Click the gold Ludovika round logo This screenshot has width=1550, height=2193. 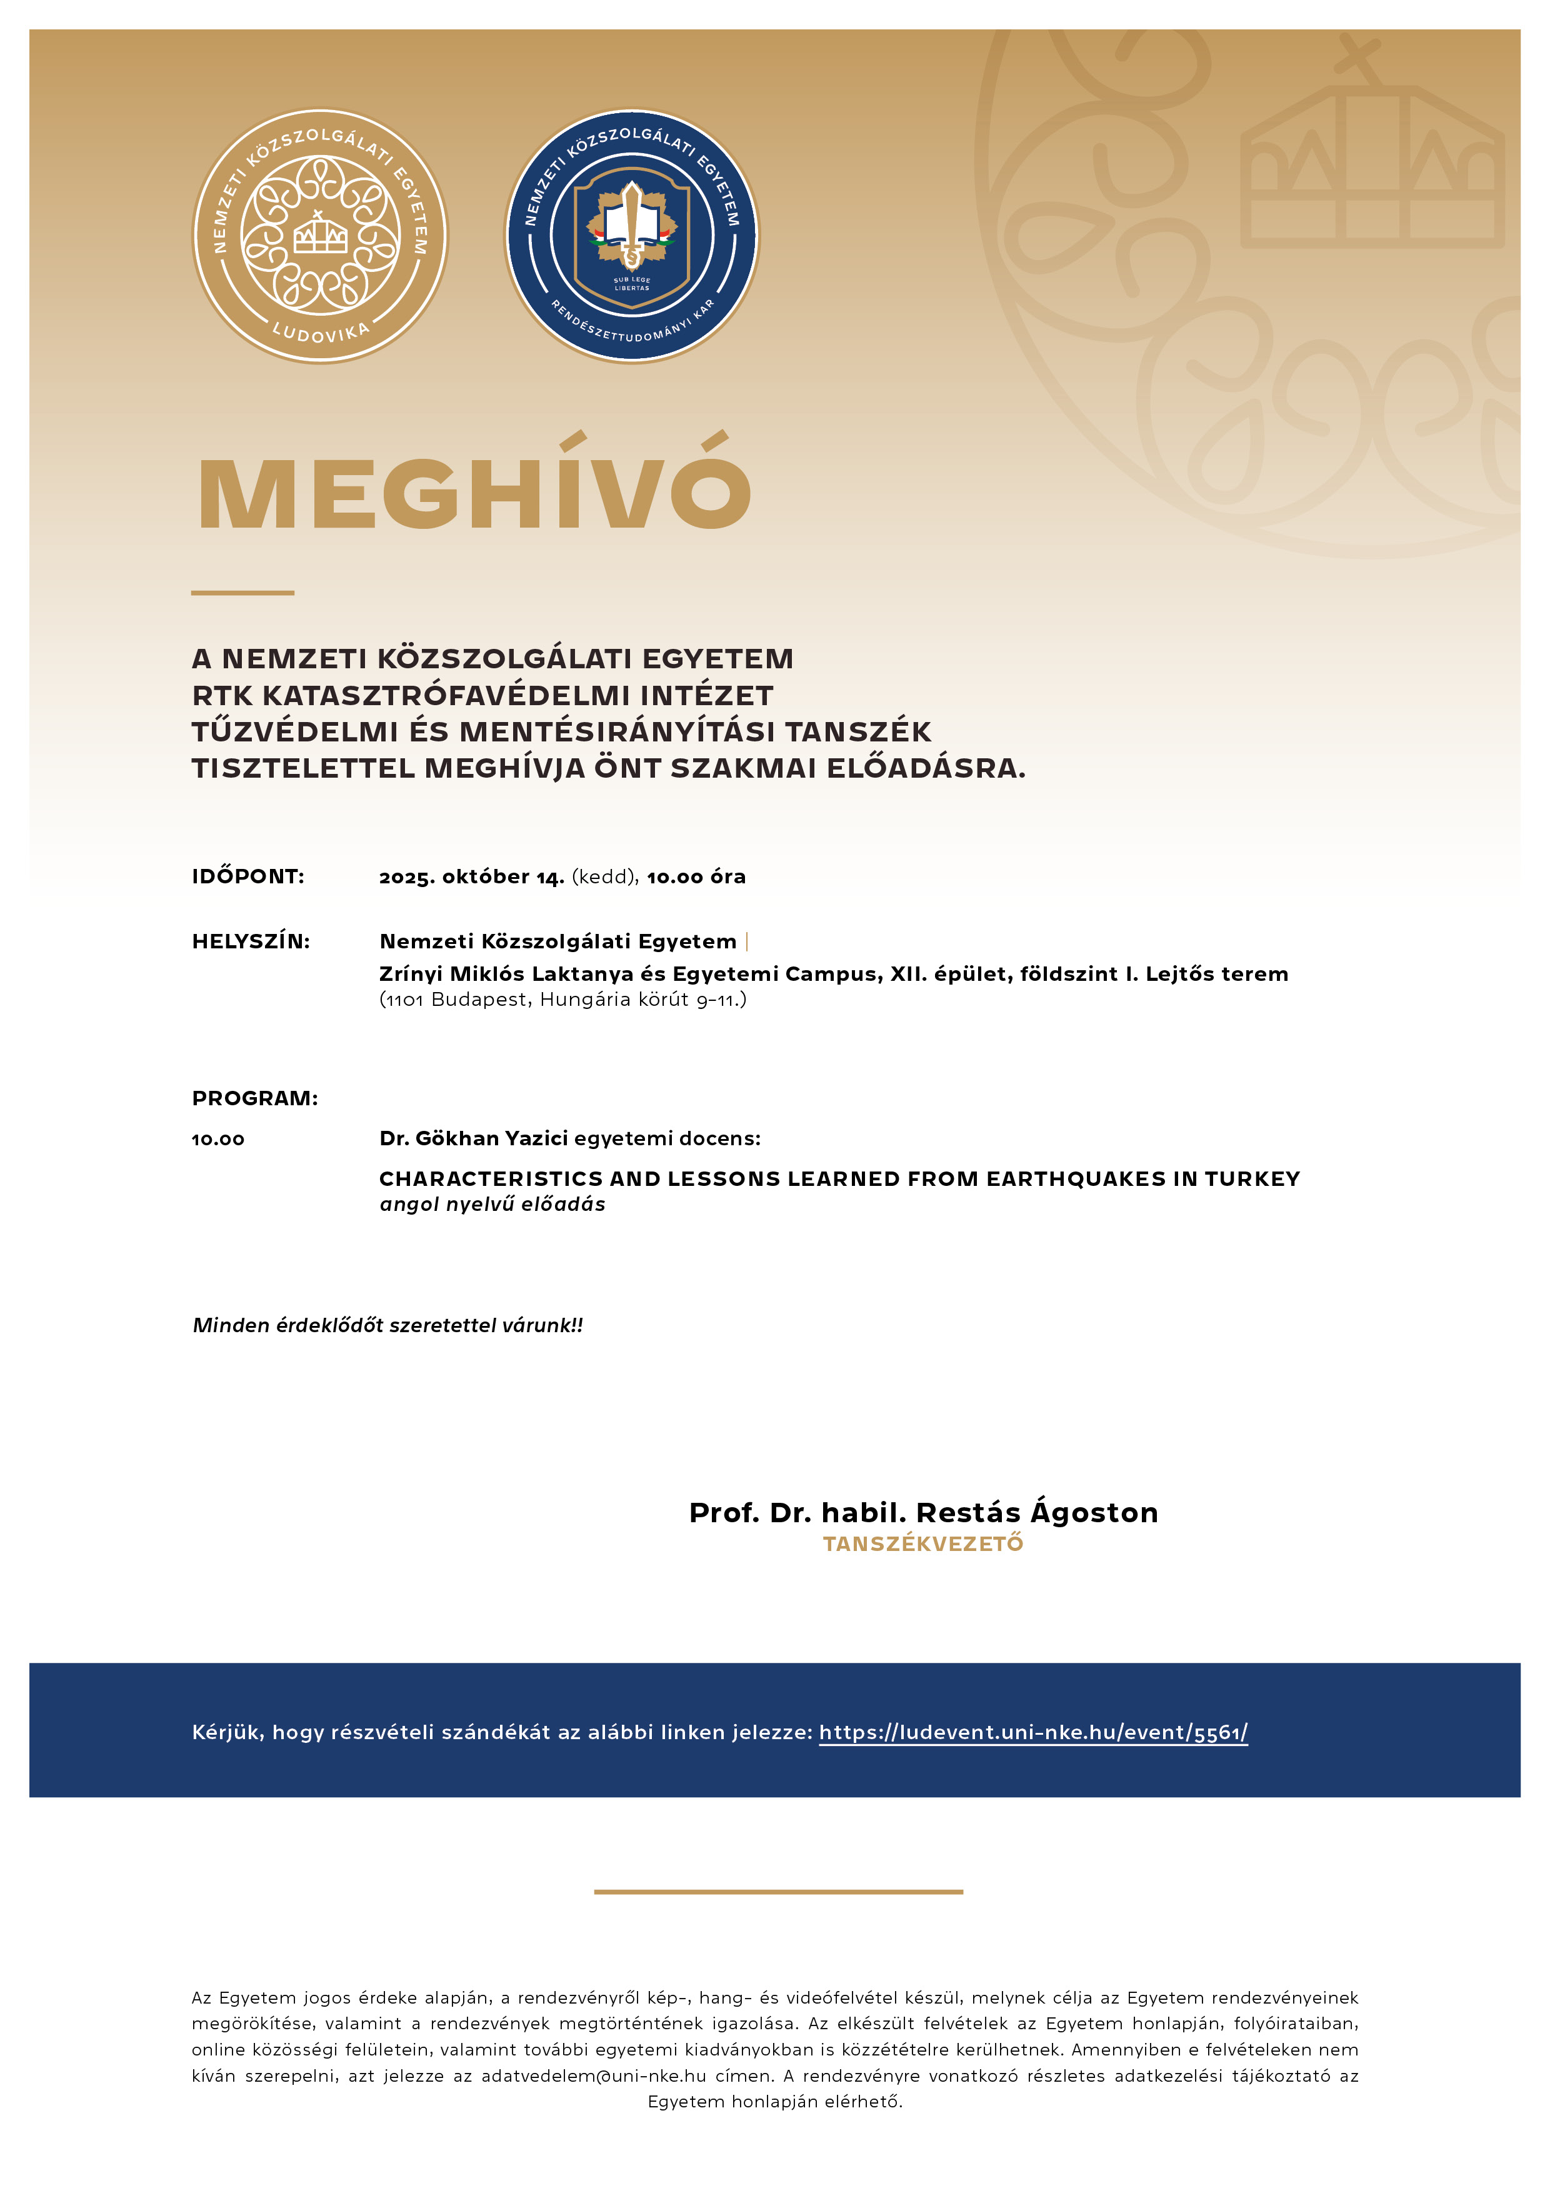(320, 235)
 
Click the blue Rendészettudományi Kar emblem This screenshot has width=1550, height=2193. (631, 235)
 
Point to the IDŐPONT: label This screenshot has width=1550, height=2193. (248, 877)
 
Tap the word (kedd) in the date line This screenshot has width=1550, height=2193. (604, 877)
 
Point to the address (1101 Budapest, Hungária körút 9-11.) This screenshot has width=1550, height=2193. (562, 1000)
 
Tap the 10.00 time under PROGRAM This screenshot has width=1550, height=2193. (219, 1140)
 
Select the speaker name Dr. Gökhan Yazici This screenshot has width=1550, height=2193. (474, 1138)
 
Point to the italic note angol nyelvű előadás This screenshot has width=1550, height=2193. (492, 1205)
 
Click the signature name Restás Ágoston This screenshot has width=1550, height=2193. (1036, 1513)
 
